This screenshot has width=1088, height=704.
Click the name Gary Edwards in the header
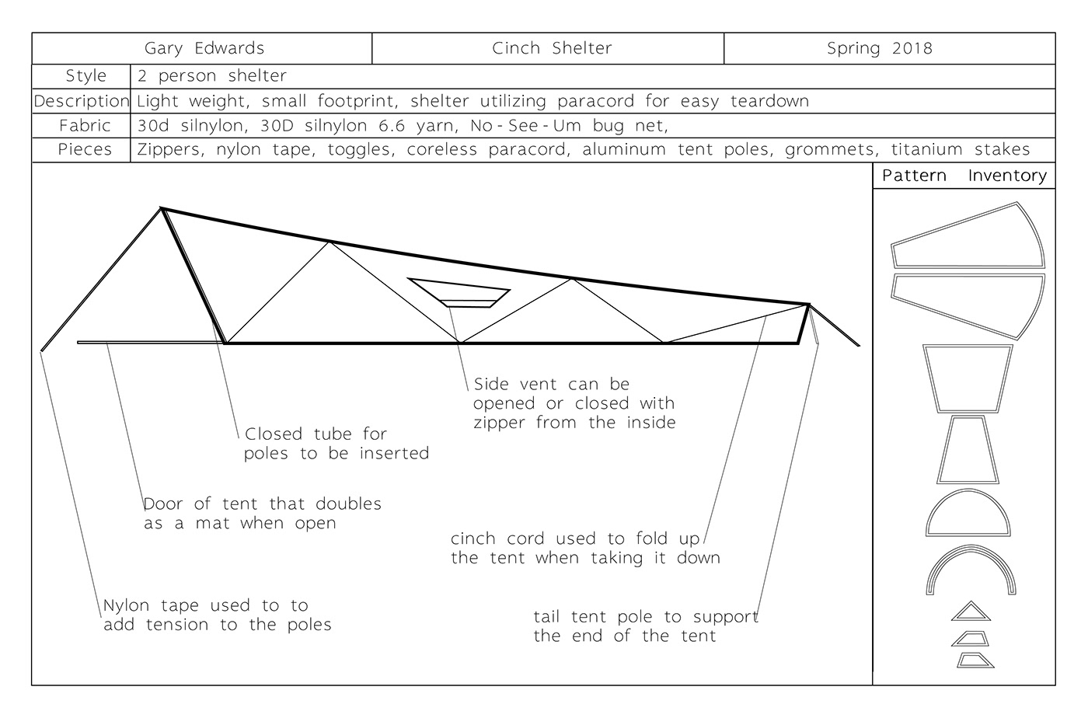(204, 48)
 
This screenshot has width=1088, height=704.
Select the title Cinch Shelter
(552, 48)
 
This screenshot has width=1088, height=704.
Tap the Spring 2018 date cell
(879, 48)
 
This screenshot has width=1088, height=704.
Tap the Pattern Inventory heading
(964, 176)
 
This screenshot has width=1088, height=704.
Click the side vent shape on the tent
(459, 292)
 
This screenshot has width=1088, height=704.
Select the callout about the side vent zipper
(574, 403)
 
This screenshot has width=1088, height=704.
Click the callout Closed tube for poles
(336, 444)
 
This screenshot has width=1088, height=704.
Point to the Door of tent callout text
(262, 513)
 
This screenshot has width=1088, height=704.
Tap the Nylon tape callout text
(217, 615)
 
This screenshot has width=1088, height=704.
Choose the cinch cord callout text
(584, 548)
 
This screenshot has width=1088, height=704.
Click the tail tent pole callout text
(645, 626)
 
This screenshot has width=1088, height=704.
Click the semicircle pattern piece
(968, 514)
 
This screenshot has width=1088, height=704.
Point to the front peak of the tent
(162, 208)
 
